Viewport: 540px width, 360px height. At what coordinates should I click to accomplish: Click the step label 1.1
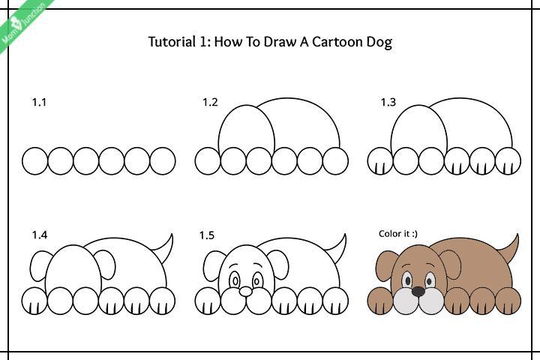tap(39, 103)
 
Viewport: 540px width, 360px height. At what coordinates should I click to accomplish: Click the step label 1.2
tap(210, 103)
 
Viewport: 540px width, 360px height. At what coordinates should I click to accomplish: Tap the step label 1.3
tap(388, 103)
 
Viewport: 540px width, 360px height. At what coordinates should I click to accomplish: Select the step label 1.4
tap(39, 235)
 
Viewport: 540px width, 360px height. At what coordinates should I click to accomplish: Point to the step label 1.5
tap(206, 235)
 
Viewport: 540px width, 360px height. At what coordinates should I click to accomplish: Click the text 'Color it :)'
tap(398, 234)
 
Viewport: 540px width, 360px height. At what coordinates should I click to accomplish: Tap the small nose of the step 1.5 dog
tap(245, 290)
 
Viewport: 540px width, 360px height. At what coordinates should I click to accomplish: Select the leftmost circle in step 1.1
tap(35, 160)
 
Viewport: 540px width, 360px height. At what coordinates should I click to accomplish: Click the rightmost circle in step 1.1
tap(163, 160)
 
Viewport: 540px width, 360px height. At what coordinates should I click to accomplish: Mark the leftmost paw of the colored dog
tap(380, 301)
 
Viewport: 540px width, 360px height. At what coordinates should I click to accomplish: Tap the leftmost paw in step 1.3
tap(380, 160)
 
